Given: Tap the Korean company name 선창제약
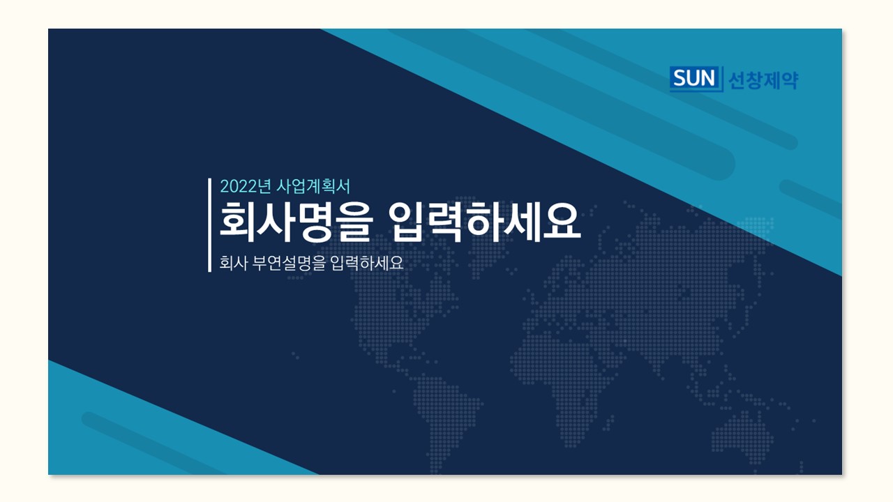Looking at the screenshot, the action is [x=763, y=80].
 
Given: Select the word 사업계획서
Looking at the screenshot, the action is [x=313, y=186].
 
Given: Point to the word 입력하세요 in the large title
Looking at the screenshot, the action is [x=485, y=222].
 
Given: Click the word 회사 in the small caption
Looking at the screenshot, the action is [x=234, y=263].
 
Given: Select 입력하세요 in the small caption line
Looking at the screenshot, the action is [x=367, y=263].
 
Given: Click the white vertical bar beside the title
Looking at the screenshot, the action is [x=210, y=225].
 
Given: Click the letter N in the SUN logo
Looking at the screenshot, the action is [x=708, y=78].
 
